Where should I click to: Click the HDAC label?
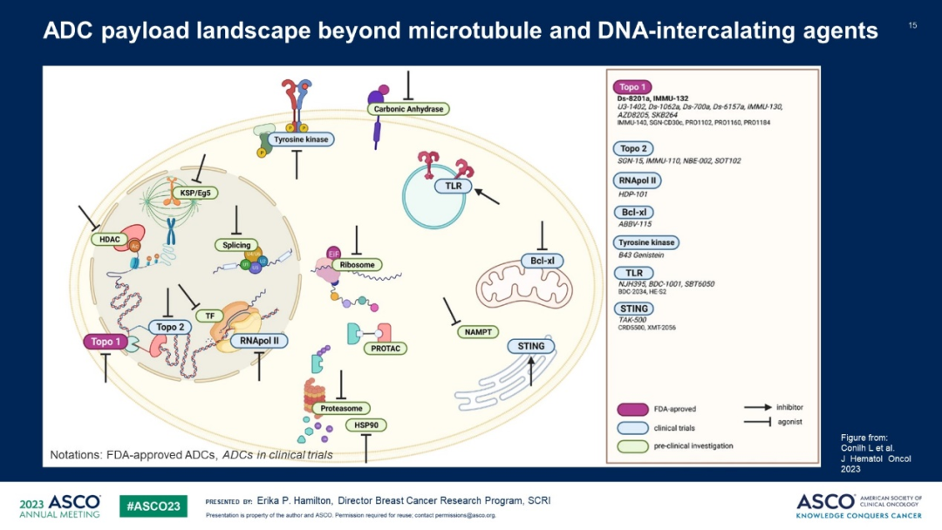coord(108,238)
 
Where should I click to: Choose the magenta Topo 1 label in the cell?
coord(107,342)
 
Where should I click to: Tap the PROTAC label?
coord(385,348)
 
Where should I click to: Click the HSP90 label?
coord(366,425)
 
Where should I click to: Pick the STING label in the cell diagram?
coord(531,346)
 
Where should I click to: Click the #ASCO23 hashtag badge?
coord(154,506)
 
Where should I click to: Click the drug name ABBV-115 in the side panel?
coord(634,224)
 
